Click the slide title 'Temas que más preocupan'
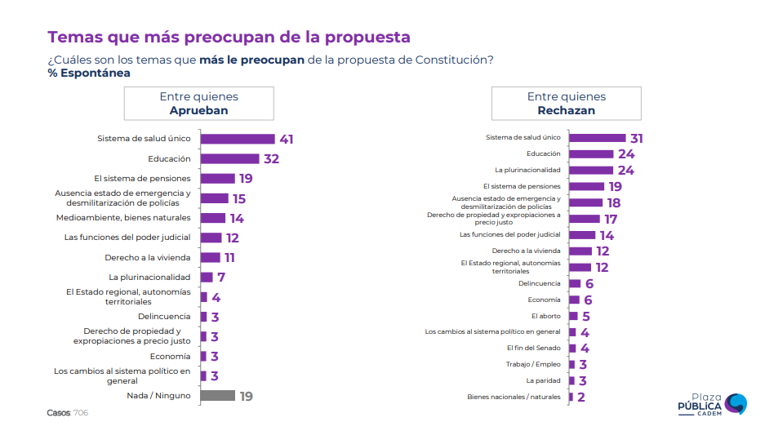pos(229,38)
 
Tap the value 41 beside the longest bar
pos(286,139)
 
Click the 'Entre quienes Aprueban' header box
pos(198,104)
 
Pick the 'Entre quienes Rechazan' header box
pos(566,104)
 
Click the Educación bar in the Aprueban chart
pos(229,159)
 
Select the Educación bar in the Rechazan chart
pos(590,153)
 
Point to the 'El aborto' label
pos(546,316)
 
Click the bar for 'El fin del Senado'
pos(572,349)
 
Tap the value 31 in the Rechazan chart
pos(637,139)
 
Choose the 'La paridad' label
pos(543,380)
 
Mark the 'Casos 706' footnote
pos(67,413)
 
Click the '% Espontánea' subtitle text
pos(89,73)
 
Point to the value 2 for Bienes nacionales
pos(581,398)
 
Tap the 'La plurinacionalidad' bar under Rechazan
pos(590,170)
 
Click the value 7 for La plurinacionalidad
pos(220,278)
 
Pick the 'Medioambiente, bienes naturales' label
pos(123,218)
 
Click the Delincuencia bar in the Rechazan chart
pos(575,283)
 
